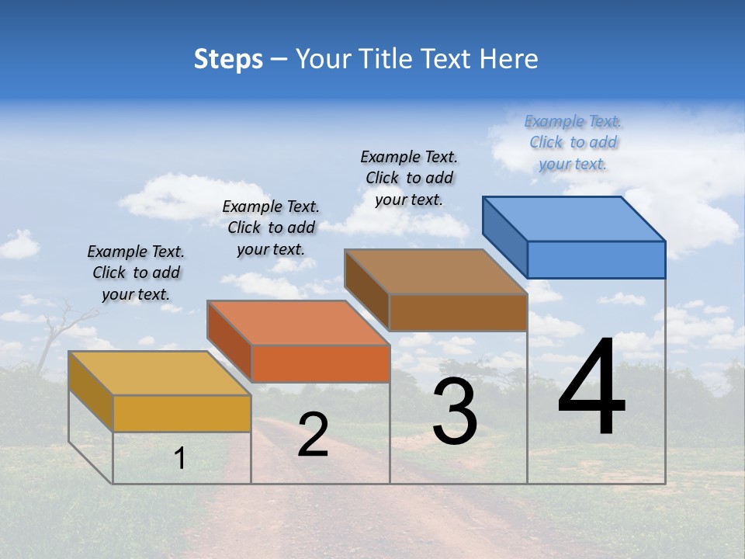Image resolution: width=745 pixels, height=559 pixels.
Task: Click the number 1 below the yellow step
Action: coord(180,459)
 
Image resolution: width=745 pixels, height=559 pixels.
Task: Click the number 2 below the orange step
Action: coord(313,435)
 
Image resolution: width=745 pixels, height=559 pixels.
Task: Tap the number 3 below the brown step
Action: coord(455,412)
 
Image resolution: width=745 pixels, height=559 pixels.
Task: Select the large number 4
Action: coord(591,388)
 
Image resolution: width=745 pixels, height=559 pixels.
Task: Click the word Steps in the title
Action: coord(228,59)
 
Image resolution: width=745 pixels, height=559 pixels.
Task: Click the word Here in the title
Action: coord(509,59)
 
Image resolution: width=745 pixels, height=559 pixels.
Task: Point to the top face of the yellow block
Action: coord(159,373)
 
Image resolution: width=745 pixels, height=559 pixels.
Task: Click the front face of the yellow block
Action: coord(182,413)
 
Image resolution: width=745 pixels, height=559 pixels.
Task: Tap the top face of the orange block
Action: coord(298,322)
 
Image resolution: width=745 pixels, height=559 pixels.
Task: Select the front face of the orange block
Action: coord(320,363)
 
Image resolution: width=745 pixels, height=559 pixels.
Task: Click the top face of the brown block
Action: coord(436,272)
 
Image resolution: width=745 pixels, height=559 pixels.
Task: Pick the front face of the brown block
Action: coord(458,312)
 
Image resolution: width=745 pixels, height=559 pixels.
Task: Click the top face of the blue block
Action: coord(574,218)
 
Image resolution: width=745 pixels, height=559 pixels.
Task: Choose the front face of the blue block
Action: coord(596,259)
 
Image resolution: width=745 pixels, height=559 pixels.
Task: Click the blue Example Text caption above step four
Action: coord(573,143)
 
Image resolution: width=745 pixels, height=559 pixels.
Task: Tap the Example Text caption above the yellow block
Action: coord(136,273)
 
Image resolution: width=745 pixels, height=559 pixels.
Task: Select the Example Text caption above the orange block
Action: coord(271,227)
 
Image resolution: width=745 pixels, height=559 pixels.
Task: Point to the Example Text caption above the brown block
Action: coord(409,178)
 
